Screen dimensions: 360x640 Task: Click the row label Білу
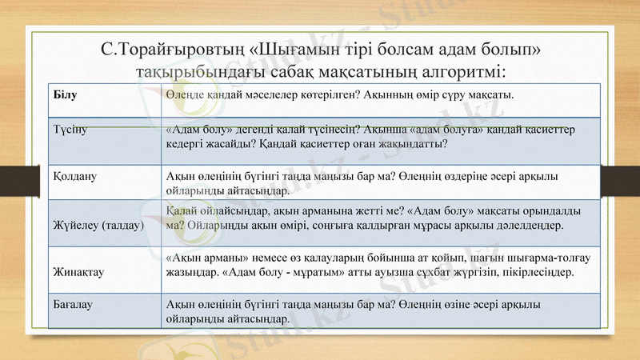point(66,94)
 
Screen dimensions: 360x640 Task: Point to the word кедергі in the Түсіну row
point(188,144)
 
